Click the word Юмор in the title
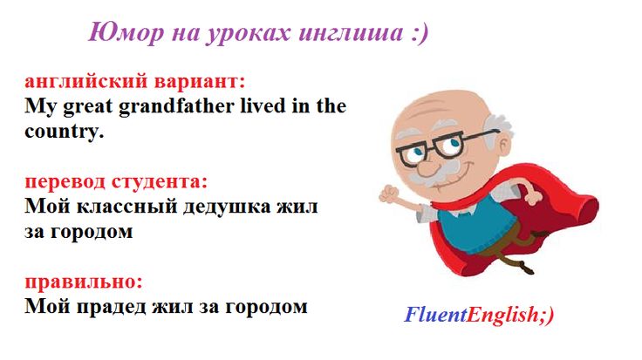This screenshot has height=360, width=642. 126,33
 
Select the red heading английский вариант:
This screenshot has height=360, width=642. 134,82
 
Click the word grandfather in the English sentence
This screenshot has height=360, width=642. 176,106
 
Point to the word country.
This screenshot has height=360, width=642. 64,132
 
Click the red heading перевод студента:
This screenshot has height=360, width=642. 116,181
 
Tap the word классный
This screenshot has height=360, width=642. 127,207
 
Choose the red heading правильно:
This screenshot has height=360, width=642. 84,282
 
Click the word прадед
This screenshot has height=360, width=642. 112,307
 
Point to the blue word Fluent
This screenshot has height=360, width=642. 435,315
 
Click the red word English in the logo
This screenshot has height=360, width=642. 502,315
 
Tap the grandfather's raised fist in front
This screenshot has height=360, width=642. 388,194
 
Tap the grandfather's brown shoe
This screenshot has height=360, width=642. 525,268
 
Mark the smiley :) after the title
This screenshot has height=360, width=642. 420,33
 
